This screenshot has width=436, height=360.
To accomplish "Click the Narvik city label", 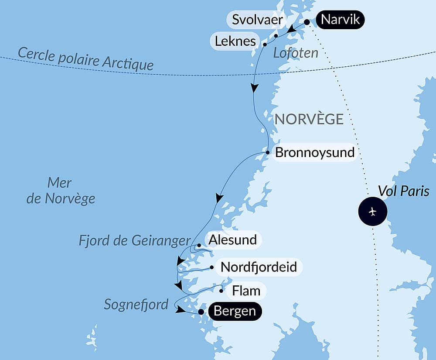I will [340, 20].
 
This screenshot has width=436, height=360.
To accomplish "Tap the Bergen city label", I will [235, 312].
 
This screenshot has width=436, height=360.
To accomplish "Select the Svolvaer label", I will [257, 20].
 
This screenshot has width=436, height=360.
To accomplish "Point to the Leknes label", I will [235, 41].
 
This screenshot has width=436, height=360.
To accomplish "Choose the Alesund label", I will [232, 240].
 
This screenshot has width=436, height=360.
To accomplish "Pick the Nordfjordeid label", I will [259, 267].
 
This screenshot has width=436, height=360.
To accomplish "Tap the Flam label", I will [246, 290].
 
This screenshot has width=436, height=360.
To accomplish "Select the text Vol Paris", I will [403, 191].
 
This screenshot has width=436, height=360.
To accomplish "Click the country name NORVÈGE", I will [309, 119].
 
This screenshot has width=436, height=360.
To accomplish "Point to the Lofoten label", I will [296, 53].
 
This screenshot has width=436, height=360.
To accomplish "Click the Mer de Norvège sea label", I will [61, 191].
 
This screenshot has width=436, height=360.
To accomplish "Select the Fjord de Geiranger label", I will [135, 240].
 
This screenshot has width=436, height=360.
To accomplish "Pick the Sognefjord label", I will [136, 304].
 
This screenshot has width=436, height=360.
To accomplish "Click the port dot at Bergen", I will [201, 312].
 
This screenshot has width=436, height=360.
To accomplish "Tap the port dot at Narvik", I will [307, 22].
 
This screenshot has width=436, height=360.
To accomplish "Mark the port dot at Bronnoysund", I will [268, 152].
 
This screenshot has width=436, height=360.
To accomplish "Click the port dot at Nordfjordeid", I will [211, 267].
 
